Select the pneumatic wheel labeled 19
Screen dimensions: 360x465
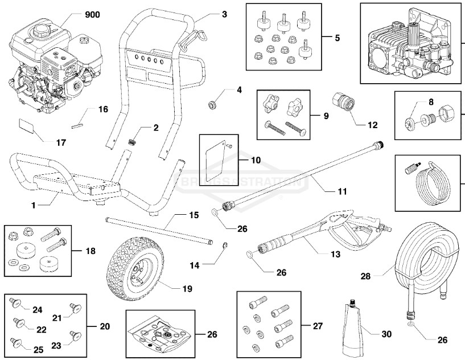click(134, 269)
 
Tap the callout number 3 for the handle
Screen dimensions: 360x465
click(224, 14)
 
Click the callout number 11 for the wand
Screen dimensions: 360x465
click(341, 191)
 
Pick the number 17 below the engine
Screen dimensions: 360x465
click(60, 142)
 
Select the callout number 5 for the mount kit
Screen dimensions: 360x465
click(338, 38)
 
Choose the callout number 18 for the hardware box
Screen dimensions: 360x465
click(90, 250)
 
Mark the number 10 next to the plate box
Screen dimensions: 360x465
click(256, 160)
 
